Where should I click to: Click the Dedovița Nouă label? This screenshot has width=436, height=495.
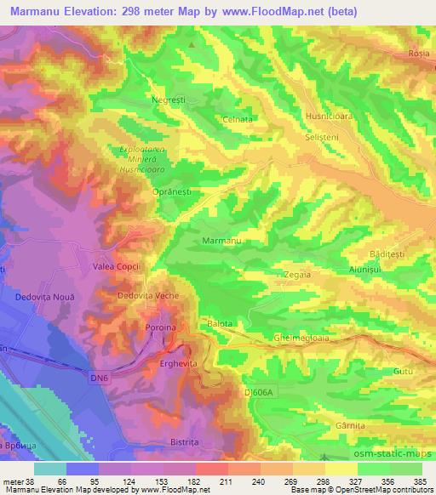point(45,295)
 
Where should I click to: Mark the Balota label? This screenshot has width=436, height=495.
point(220,323)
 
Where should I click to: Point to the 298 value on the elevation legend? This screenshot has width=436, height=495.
point(312,483)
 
